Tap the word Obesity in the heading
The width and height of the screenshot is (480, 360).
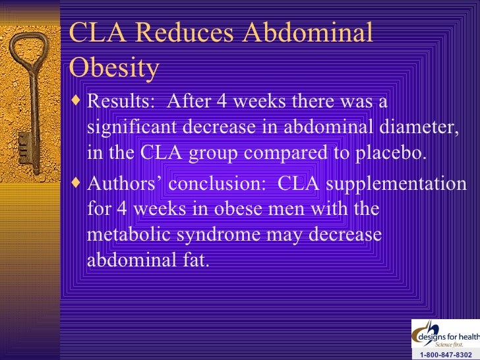tap(113, 68)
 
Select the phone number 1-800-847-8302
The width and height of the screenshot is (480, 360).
tap(446, 354)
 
